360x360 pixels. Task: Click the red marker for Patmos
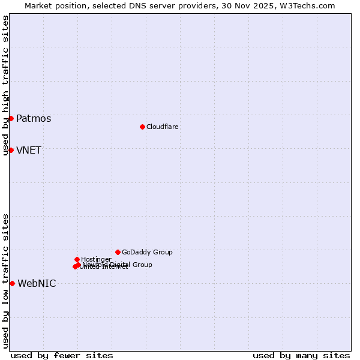point(11,118)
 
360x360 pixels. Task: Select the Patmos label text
point(34,118)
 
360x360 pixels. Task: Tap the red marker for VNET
point(11,150)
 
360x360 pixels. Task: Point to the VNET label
point(29,150)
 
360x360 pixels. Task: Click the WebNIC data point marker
point(12,283)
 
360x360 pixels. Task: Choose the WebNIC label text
point(37,283)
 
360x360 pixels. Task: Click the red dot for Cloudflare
point(142,127)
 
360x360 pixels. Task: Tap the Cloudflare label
point(163,127)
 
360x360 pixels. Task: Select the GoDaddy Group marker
point(118,252)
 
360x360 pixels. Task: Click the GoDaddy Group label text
point(147,252)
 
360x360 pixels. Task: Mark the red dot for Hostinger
point(77,259)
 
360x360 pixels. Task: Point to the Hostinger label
point(96,259)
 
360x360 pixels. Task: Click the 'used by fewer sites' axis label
point(62,355)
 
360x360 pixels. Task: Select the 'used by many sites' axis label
point(301,355)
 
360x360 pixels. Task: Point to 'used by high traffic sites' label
point(5,85)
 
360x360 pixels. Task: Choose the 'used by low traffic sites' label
point(5,280)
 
